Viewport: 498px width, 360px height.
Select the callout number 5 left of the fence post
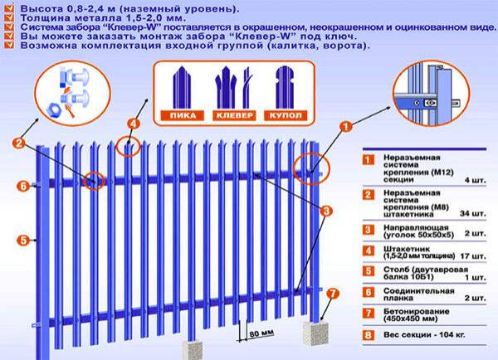(23, 240)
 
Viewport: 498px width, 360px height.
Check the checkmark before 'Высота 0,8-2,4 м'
(7, 8)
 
